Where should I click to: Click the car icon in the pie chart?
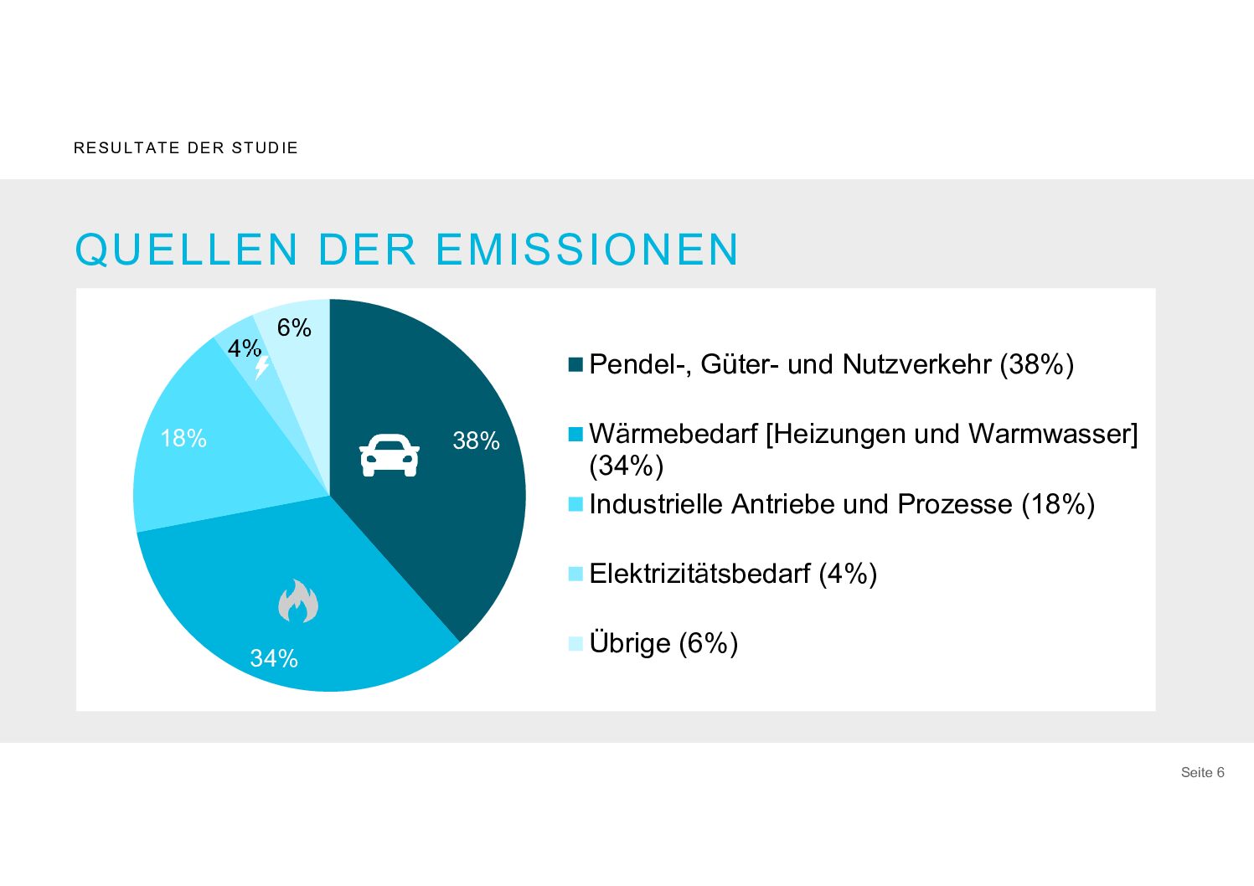click(x=390, y=456)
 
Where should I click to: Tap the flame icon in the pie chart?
click(x=298, y=601)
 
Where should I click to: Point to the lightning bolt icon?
click(x=262, y=367)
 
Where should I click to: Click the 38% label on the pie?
click(x=476, y=440)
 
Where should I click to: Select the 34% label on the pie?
click(x=274, y=658)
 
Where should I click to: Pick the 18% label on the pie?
click(x=183, y=438)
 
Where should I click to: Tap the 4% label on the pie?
click(x=245, y=348)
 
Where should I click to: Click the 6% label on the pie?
click(x=294, y=327)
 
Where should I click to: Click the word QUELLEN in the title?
click(x=187, y=250)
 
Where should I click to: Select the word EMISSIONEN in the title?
click(x=587, y=250)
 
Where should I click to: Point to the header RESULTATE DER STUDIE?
click(x=186, y=148)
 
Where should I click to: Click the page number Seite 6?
click(x=1202, y=772)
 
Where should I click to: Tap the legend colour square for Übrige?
click(x=575, y=643)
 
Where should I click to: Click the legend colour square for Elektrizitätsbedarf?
click(x=575, y=574)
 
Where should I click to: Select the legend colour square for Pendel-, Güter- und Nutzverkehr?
click(x=575, y=364)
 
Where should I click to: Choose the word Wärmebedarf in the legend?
click(x=673, y=434)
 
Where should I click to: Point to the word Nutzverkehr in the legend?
click(x=916, y=364)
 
